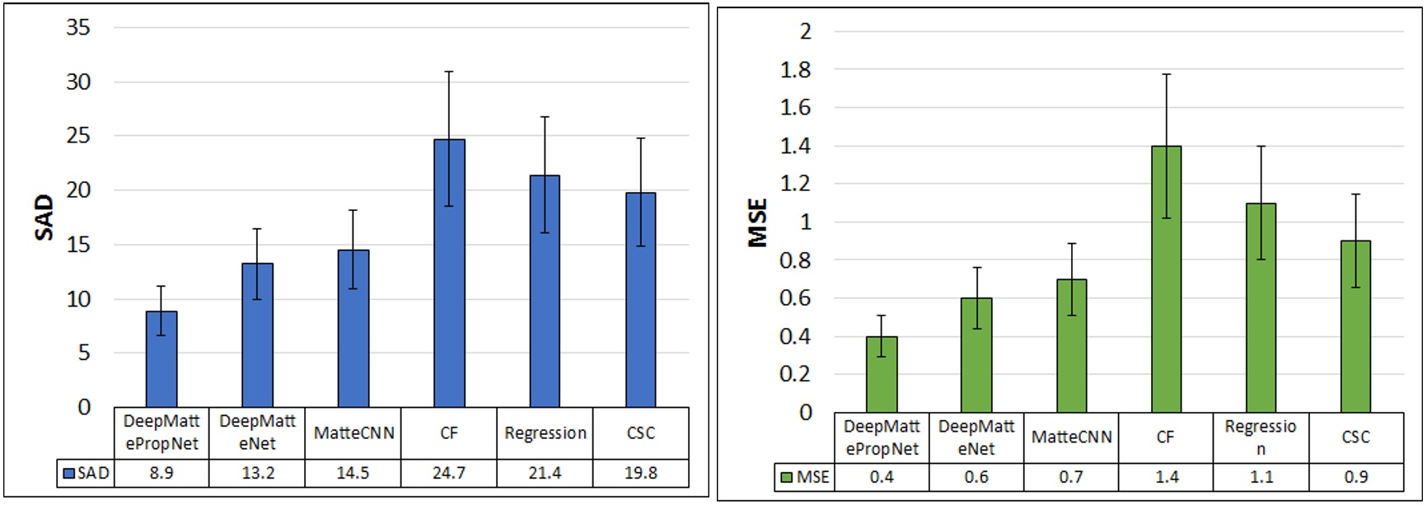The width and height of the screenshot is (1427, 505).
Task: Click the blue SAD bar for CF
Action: point(449,272)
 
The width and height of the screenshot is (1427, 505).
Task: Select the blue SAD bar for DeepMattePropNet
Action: point(161,358)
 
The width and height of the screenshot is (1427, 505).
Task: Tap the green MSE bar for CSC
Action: point(1355,326)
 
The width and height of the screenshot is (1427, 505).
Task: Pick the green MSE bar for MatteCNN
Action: point(1071,346)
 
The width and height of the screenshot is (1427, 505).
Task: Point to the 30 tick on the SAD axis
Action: point(78,82)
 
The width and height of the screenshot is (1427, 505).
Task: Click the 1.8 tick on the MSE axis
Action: point(796,70)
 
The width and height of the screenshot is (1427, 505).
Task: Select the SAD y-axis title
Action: point(44,217)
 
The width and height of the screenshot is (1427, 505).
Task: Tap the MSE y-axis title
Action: point(757,222)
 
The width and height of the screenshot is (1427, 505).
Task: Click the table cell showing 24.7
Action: point(449,473)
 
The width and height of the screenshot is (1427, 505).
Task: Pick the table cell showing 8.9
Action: point(161,473)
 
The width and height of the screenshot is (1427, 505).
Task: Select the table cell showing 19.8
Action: point(641,473)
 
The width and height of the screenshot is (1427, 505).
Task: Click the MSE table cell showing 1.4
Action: point(1166,477)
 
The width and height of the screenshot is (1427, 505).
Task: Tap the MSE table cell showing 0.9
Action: point(1355,477)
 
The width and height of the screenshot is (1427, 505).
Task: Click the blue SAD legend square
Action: point(69,474)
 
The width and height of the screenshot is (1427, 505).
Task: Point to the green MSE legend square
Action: point(786,478)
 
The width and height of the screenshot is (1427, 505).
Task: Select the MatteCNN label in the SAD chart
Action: point(353,433)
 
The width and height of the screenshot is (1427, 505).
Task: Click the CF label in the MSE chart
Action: point(1166,437)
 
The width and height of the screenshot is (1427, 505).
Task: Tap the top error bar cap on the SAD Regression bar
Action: point(545,117)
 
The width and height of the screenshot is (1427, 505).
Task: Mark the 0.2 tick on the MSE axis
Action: point(796,374)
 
